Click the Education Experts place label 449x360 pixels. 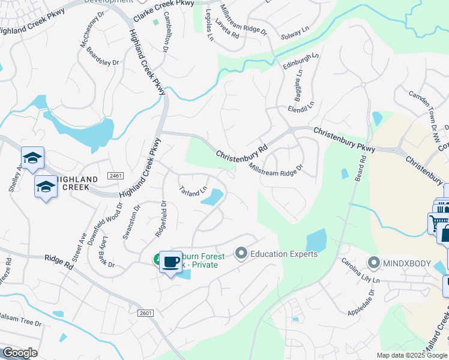[284, 254]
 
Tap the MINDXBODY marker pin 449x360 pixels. [375, 263]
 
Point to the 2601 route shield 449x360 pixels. [146, 313]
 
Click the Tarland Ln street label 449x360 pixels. [193, 192]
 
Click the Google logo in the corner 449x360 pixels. [19, 352]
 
